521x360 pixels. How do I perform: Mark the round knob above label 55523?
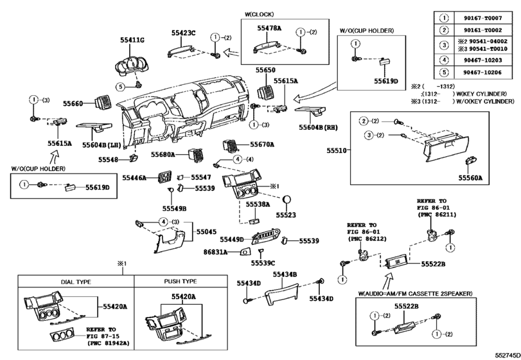(x=287, y=199)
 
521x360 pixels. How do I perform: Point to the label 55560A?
(x=470, y=177)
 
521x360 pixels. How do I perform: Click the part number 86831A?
(x=216, y=253)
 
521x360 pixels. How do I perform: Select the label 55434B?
(x=285, y=274)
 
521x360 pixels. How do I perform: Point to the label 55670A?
(x=262, y=145)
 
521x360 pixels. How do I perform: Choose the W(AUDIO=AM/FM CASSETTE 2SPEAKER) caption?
(x=415, y=293)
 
